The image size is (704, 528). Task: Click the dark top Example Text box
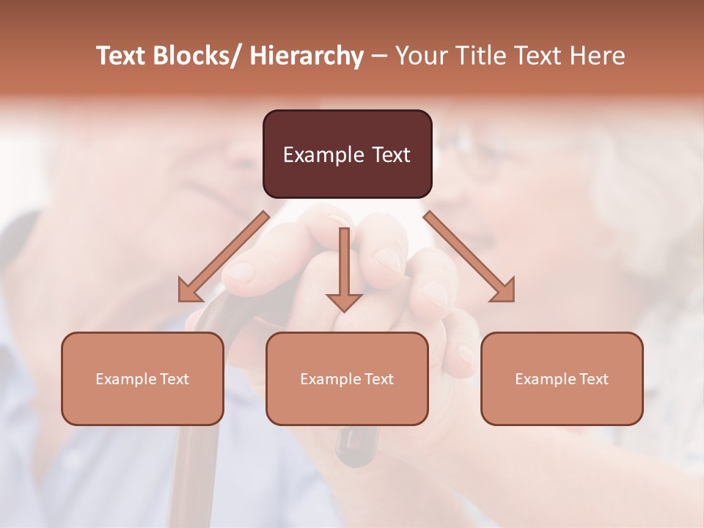click(347, 154)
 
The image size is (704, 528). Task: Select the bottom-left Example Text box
click(142, 378)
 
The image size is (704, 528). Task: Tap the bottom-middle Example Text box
click(347, 378)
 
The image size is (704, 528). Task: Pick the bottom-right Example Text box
click(562, 378)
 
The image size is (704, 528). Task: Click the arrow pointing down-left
click(224, 257)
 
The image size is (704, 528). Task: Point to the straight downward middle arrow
click(344, 264)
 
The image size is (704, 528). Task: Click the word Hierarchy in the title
click(307, 56)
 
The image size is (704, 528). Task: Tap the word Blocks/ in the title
click(197, 56)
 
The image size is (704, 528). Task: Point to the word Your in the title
click(422, 56)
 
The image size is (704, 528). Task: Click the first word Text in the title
click(122, 56)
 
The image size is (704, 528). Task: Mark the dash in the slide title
click(379, 56)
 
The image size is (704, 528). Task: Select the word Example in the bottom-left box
click(125, 378)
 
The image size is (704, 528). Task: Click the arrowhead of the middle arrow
click(344, 301)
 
